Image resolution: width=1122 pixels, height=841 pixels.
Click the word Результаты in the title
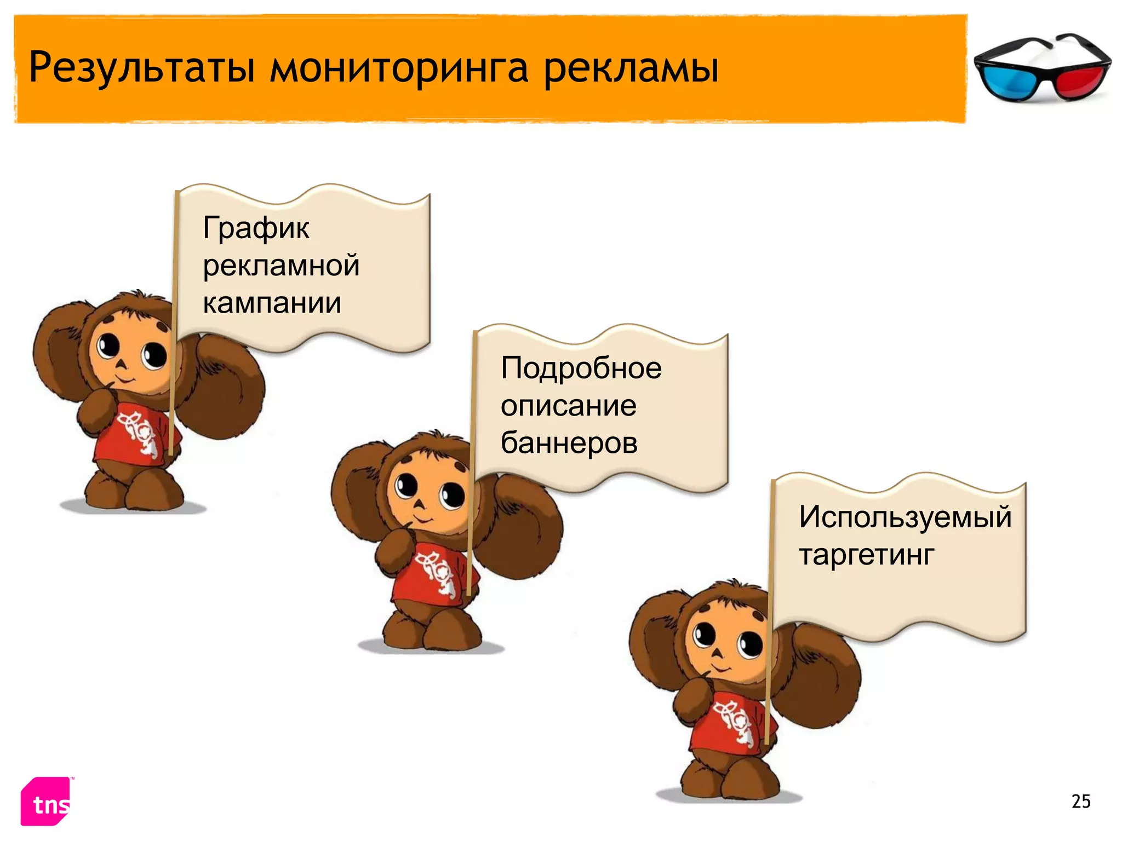point(142,68)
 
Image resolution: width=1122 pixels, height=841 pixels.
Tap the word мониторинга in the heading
point(399,68)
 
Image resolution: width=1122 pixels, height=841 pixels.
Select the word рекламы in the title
point(631,68)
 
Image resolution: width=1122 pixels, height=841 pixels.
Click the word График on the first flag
point(256,228)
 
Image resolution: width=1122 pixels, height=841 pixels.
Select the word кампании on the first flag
point(272,303)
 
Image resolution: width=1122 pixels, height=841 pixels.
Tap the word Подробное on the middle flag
point(581,368)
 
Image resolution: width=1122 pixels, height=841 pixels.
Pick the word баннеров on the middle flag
point(569,442)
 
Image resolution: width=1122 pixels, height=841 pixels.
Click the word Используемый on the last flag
point(905,516)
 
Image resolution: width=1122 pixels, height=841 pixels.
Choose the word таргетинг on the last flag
point(867,555)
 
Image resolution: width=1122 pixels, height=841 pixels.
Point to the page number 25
point(1081,802)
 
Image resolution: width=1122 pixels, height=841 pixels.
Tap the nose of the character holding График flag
point(122,365)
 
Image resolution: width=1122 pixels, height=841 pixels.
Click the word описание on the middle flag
point(568,406)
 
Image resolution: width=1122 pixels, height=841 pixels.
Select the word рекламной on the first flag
point(281,266)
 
